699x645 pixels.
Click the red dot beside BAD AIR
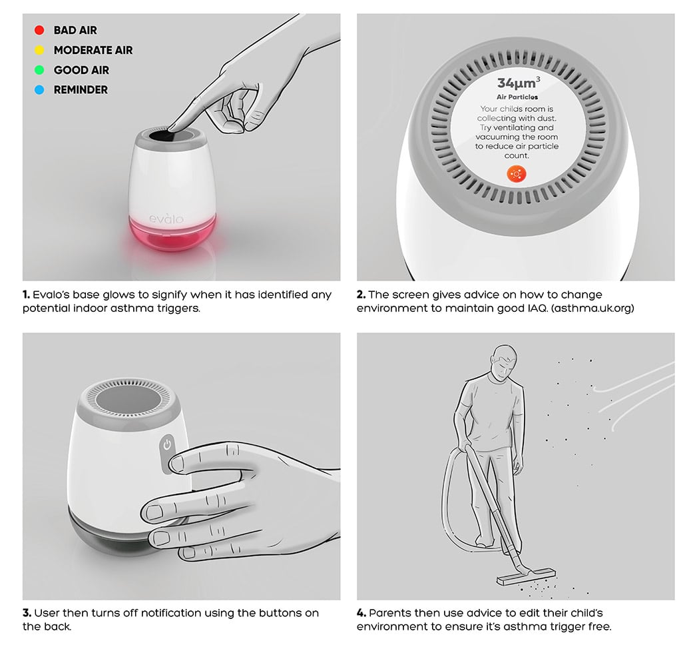click(x=39, y=30)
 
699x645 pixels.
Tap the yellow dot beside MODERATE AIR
click(x=39, y=50)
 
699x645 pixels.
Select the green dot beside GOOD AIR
click(x=39, y=70)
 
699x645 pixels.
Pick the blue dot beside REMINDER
click(x=39, y=90)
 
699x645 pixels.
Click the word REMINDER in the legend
click(x=81, y=90)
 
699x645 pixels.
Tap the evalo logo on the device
click(x=166, y=218)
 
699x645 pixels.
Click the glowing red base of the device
click(x=172, y=233)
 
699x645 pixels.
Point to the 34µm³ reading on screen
click(x=519, y=83)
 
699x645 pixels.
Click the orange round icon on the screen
click(x=517, y=174)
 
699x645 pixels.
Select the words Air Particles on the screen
click(x=517, y=97)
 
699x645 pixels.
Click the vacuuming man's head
click(x=504, y=361)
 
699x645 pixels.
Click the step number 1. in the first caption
click(x=27, y=295)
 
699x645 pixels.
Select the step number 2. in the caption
click(x=361, y=295)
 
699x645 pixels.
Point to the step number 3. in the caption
click(x=27, y=613)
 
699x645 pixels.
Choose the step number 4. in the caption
click(x=361, y=613)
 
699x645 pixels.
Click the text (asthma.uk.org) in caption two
click(x=592, y=309)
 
